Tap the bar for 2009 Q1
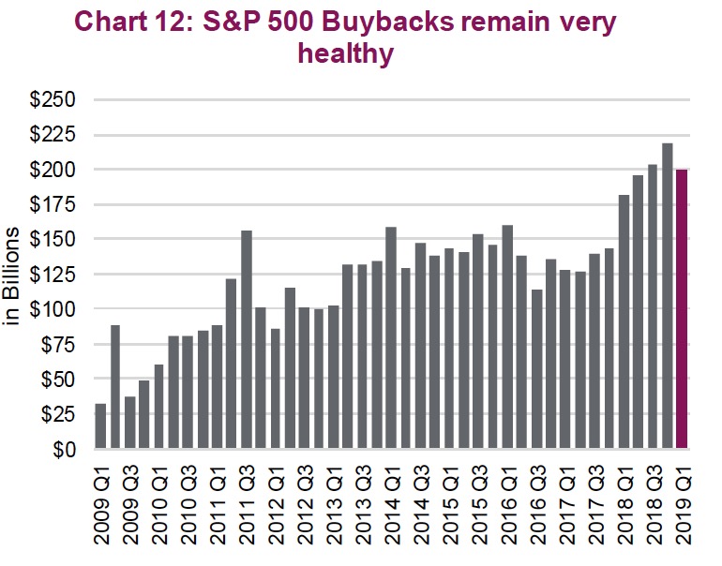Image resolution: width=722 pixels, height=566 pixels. click(x=100, y=426)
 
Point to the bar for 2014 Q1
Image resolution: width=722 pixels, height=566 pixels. click(x=391, y=337)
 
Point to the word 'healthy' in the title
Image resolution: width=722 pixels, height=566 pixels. click(x=345, y=54)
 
